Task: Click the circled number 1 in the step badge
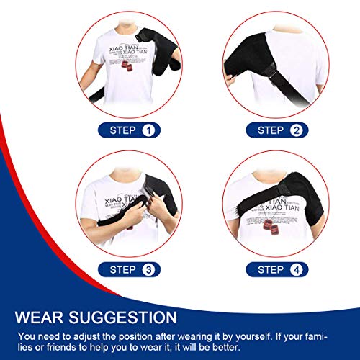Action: pos(149,130)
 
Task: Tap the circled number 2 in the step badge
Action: pos(295,130)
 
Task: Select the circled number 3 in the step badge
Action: pos(149,269)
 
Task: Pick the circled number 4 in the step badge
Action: pos(295,269)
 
